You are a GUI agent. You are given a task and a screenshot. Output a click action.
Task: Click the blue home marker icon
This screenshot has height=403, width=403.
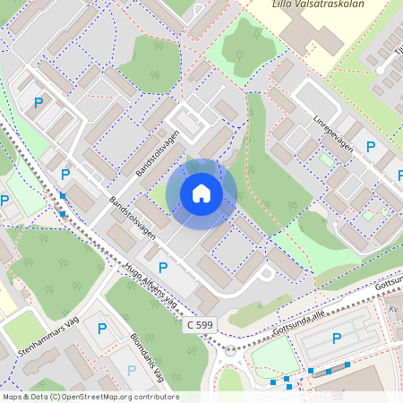click(x=201, y=193)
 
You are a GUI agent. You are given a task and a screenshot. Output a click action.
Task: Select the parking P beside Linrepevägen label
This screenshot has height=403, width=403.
click(x=369, y=147)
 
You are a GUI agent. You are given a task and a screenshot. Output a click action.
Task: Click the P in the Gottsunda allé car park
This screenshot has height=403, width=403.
click(x=337, y=338)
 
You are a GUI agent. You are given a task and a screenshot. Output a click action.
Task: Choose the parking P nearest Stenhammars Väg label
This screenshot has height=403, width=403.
click(x=101, y=329)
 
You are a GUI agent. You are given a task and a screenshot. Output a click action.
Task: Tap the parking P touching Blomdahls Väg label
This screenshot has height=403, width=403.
click(x=133, y=368)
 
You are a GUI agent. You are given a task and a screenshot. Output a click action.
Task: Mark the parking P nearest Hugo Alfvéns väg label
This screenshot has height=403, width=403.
click(x=163, y=267)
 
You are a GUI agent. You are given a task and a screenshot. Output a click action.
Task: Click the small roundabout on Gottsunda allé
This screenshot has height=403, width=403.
click(x=231, y=350)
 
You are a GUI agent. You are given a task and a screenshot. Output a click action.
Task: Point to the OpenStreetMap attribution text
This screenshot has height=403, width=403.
click(x=90, y=397)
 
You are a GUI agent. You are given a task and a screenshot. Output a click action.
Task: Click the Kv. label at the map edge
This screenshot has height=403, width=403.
click(x=393, y=309)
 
